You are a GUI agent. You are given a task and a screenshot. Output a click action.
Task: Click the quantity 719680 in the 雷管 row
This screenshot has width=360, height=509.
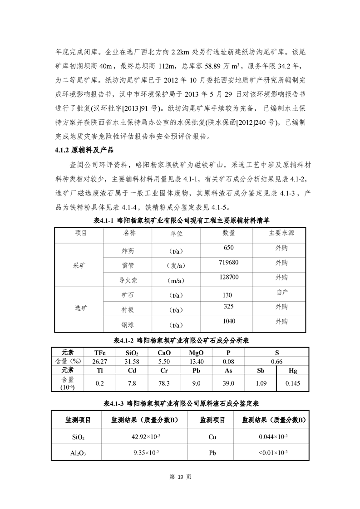pyautogui.click(x=228, y=263)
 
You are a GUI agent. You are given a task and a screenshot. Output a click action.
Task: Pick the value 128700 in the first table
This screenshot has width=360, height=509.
pyautogui.click(x=228, y=277)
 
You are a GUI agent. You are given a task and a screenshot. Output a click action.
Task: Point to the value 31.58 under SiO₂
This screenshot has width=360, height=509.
pyautogui.click(x=132, y=362)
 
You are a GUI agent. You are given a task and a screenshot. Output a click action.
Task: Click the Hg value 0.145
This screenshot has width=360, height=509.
pyautogui.click(x=292, y=383)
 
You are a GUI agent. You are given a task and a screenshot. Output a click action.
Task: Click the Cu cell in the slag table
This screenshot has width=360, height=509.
pyautogui.click(x=212, y=437)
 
